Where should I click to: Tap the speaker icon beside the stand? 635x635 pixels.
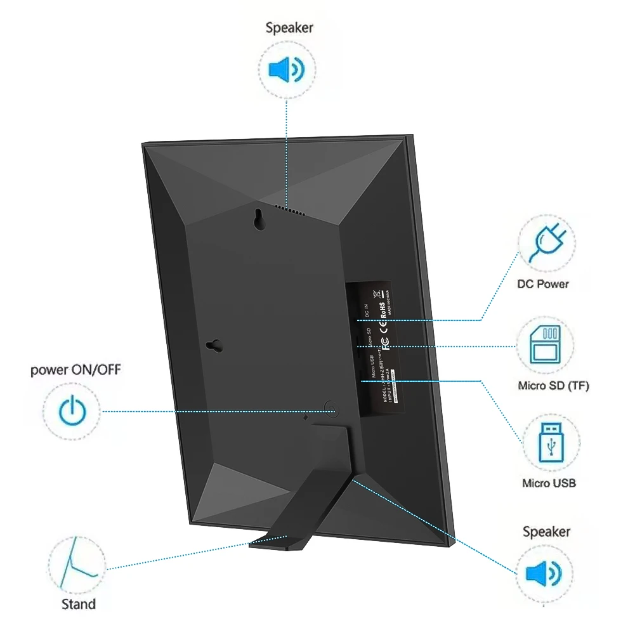(x=544, y=574)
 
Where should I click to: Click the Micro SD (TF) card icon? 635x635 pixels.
(x=546, y=346)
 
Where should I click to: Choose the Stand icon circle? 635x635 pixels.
(x=77, y=566)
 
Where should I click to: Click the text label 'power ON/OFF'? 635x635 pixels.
(x=75, y=370)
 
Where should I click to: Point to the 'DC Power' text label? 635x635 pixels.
(x=543, y=284)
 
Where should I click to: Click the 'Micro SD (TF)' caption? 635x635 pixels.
(x=553, y=385)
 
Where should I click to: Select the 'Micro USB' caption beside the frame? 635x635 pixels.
(x=549, y=483)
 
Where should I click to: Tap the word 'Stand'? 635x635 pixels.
(x=79, y=604)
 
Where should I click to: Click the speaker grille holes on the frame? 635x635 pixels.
(x=291, y=209)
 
